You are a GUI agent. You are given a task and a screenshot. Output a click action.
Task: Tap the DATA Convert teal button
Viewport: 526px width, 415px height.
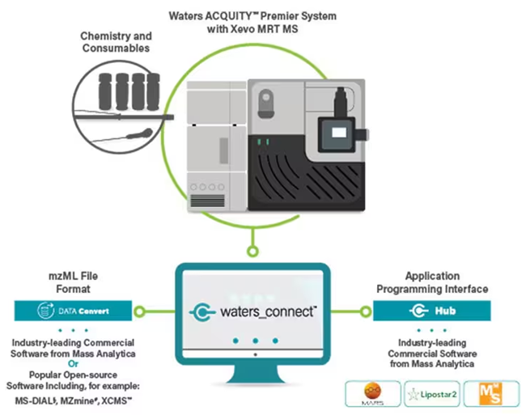(72, 309)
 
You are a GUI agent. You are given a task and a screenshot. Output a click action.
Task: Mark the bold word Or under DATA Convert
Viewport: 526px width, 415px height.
(72, 363)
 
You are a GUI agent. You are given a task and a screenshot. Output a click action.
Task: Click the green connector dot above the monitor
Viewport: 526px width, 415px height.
(254, 240)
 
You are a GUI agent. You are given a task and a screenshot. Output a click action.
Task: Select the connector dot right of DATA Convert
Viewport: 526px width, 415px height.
(139, 310)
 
